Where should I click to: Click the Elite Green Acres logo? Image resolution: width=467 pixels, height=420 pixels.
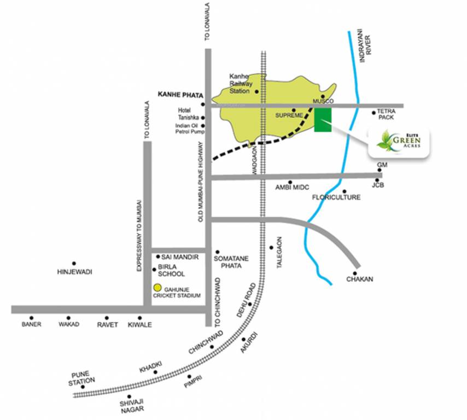(x=398, y=142)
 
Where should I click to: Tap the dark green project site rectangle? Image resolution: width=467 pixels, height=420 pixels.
(x=323, y=119)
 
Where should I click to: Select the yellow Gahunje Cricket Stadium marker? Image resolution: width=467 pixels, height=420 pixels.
(x=157, y=288)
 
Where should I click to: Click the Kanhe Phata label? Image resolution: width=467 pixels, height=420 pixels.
(x=180, y=95)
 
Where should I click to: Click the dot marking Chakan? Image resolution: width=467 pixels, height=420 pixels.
(x=355, y=273)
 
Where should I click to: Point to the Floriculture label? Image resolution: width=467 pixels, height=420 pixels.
(x=336, y=197)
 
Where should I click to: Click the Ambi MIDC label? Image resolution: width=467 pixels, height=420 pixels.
(x=293, y=188)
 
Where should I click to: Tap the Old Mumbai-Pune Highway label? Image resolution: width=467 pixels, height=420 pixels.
(x=201, y=181)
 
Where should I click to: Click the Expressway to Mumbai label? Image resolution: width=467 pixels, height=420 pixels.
(x=139, y=235)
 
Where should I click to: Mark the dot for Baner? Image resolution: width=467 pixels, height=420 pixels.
(x=32, y=317)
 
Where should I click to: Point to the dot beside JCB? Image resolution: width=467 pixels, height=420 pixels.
(x=377, y=179)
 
